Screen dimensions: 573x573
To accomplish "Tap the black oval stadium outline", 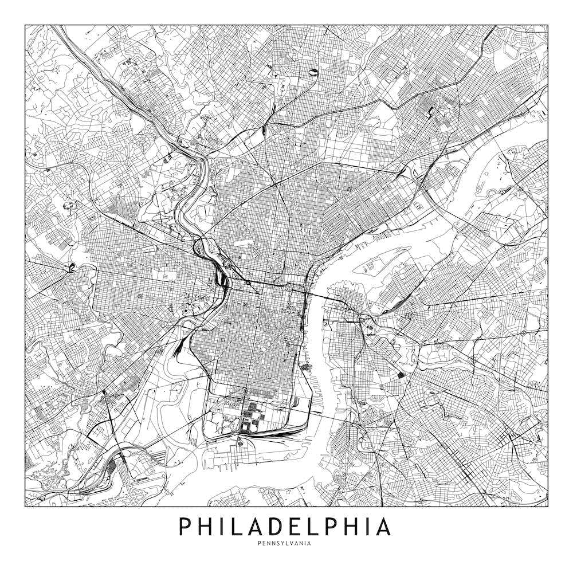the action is point(314,72).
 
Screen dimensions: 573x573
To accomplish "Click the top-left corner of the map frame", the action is point(25,25).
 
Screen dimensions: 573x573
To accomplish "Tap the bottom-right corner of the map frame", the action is point(548,507).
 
